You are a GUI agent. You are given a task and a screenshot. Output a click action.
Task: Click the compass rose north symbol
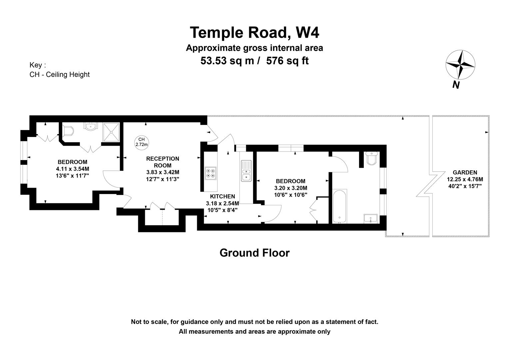460,65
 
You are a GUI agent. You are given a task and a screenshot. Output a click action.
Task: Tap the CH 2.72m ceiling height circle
142,142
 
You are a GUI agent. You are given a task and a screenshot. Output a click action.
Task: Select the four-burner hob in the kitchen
211,173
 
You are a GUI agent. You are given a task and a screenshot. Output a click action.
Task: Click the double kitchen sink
246,171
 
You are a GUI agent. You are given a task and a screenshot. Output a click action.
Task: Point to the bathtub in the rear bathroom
339,206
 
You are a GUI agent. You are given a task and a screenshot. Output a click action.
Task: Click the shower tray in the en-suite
111,132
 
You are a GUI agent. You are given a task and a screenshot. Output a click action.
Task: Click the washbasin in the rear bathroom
370,218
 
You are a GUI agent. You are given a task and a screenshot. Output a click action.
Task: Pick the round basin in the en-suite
91,126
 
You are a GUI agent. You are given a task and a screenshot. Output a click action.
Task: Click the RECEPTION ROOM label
163,162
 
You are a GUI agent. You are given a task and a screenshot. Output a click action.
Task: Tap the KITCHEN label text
222,197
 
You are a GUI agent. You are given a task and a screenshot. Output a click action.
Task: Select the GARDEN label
465,172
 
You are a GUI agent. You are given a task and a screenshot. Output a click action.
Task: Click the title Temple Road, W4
254,33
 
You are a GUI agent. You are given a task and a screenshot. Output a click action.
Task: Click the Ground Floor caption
254,253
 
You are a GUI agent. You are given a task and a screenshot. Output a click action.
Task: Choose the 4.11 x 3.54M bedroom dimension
73,169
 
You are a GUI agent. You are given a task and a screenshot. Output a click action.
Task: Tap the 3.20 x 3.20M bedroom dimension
290,188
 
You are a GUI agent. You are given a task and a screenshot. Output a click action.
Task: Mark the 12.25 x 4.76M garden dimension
465,179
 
